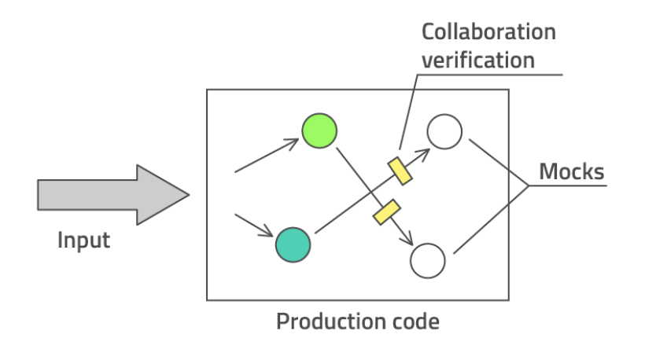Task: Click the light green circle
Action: pos(319,130)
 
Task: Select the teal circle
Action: pos(293,244)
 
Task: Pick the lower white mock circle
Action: pos(429,260)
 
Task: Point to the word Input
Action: pos(83,240)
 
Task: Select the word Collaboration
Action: pos(488,32)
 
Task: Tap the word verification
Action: pos(478,60)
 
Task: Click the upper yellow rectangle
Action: pos(400,171)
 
